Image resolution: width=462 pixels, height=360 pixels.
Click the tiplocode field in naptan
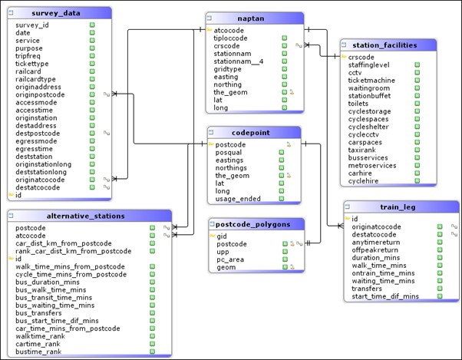point(234,38)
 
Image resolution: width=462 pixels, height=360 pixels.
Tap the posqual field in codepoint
point(230,153)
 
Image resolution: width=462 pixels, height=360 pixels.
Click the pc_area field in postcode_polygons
point(231,259)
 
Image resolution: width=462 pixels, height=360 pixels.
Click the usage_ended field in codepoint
point(238,198)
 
